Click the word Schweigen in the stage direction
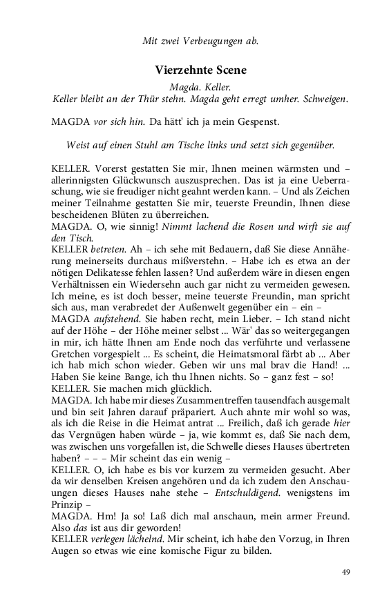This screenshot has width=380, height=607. coord(320,99)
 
